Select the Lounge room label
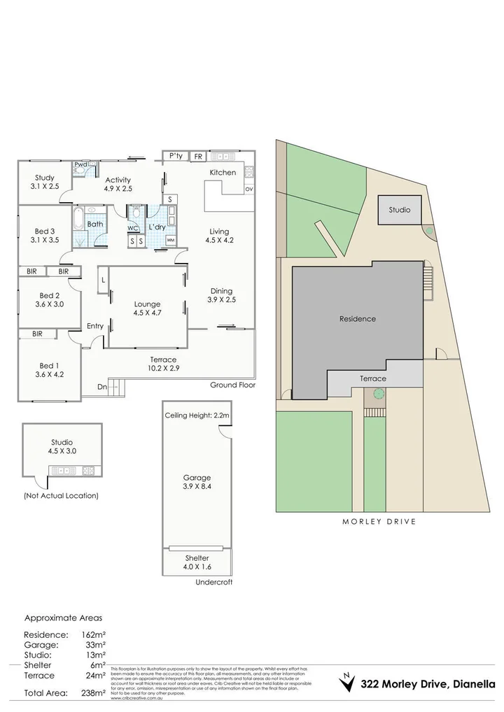pos(148,304)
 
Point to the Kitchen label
pos(223,172)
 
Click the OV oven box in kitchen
pos(248,190)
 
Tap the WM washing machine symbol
pos(170,241)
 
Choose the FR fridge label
pos(198,157)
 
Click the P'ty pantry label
pos(176,156)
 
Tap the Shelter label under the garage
pos(197,557)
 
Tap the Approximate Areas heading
pos(63,618)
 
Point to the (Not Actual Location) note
pos(60,495)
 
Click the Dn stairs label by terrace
pos(101,385)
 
